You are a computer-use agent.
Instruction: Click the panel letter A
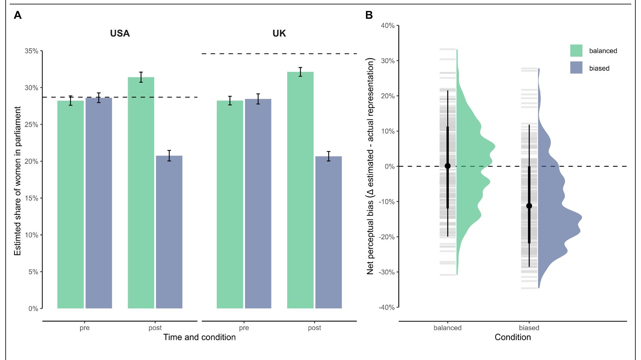click(x=18, y=15)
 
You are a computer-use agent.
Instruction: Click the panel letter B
click(x=369, y=15)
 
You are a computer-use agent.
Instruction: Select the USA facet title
click(x=120, y=33)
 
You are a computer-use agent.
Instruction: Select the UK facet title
click(x=279, y=33)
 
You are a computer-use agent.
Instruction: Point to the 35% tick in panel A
click(x=31, y=51)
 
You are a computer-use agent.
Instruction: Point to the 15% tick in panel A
click(x=31, y=198)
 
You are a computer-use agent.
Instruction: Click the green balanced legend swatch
click(x=576, y=51)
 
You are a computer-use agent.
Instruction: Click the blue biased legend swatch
click(x=576, y=68)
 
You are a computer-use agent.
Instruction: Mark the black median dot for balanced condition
click(x=448, y=166)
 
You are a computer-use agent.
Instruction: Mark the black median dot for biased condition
click(x=529, y=206)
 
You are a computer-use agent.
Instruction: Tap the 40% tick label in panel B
click(x=388, y=26)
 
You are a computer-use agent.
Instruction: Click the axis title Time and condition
click(x=199, y=337)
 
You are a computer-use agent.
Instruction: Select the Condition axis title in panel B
click(x=513, y=337)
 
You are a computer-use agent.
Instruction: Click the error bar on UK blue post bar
click(x=329, y=156)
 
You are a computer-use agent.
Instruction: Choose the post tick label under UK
click(x=314, y=328)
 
